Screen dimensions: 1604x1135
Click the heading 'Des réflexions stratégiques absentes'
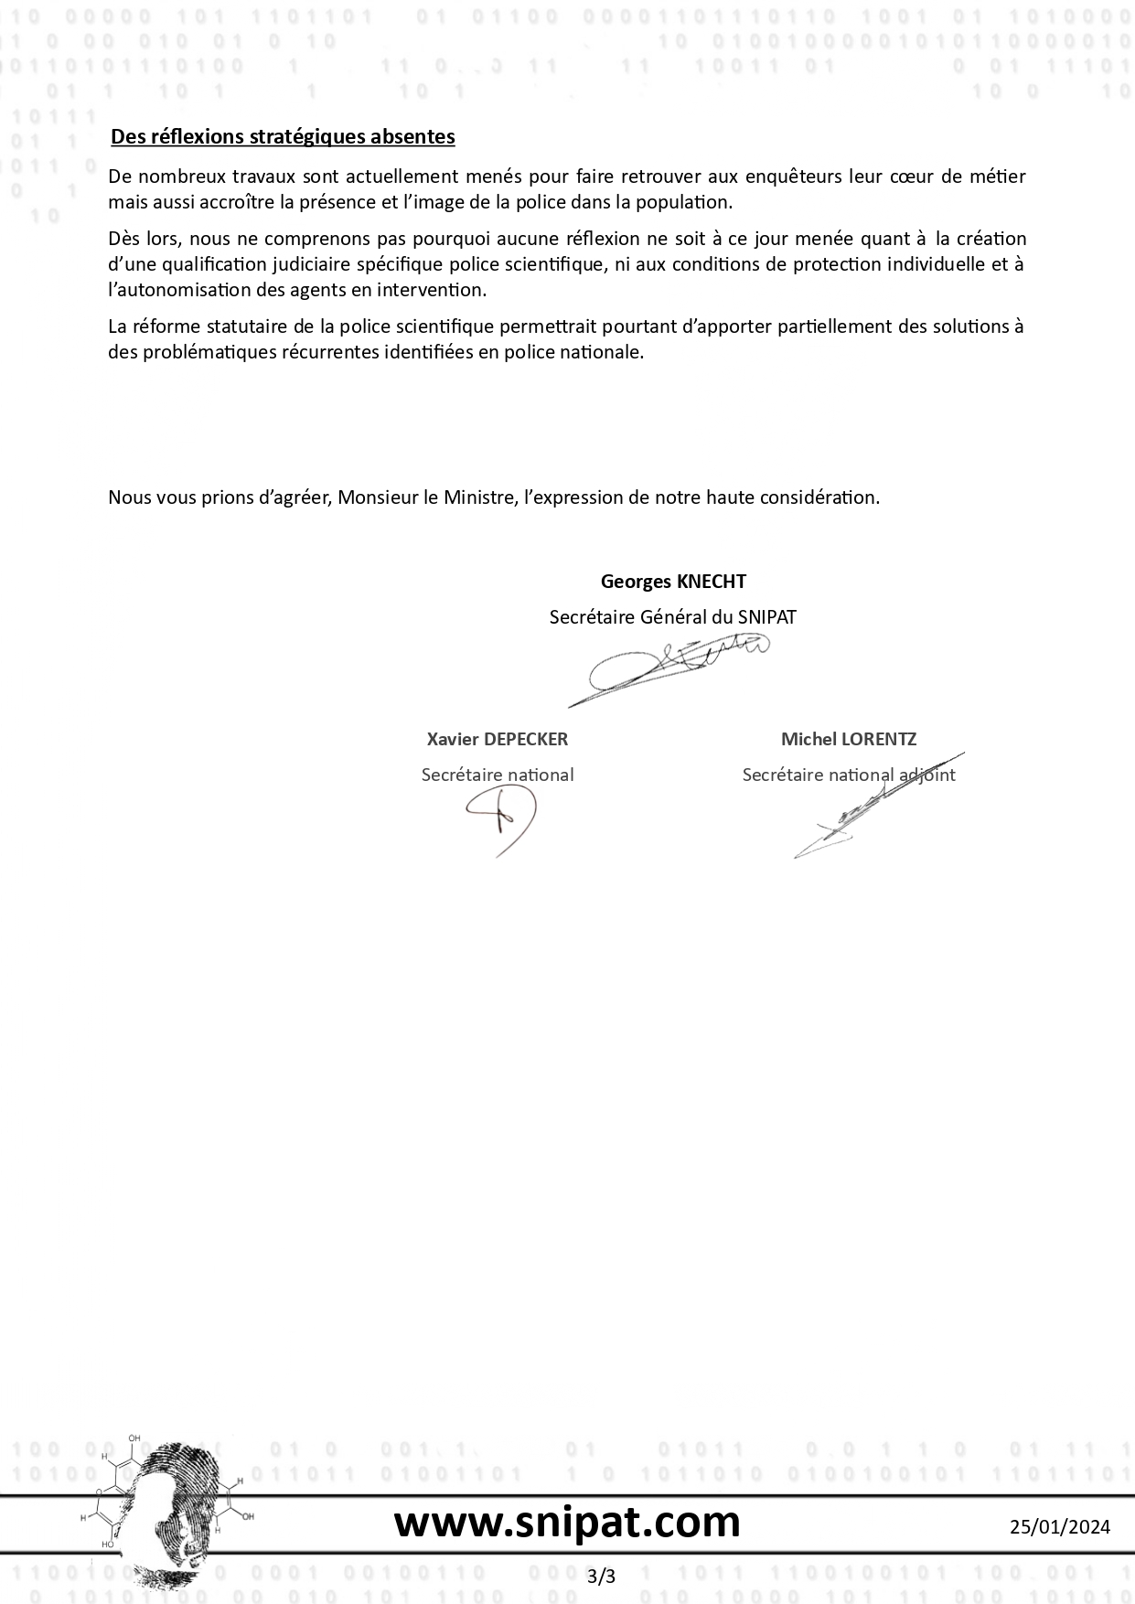tap(283, 137)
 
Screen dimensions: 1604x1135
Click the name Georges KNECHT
tap(673, 582)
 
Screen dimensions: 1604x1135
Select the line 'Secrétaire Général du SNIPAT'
tap(672, 617)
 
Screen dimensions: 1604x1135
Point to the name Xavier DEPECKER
tap(497, 739)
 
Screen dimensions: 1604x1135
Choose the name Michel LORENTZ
tap(848, 739)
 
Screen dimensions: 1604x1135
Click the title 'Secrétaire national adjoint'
tap(848, 775)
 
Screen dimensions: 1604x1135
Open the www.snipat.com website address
tap(567, 1523)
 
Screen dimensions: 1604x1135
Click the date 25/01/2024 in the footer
tap(1060, 1526)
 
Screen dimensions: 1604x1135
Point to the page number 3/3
tap(602, 1576)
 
